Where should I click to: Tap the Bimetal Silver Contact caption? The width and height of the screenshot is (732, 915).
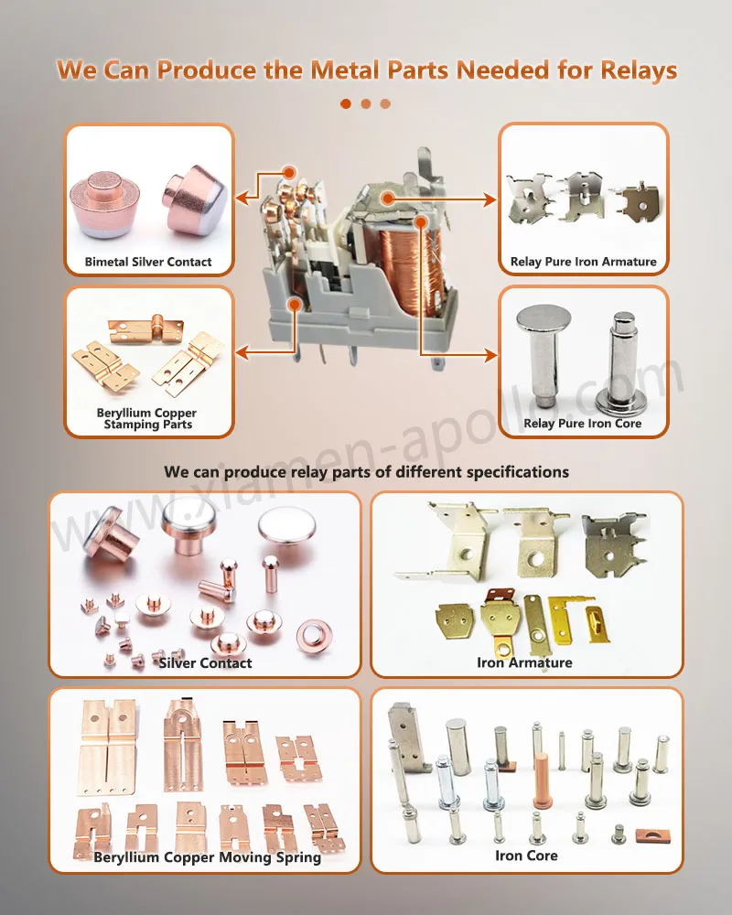click(x=148, y=262)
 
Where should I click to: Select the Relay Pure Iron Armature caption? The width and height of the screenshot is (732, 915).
click(x=583, y=262)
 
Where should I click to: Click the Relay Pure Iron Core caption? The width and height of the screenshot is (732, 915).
click(x=583, y=424)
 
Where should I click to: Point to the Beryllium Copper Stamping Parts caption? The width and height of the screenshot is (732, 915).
click(x=147, y=419)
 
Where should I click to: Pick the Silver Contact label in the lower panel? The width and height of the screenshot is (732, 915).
click(x=205, y=662)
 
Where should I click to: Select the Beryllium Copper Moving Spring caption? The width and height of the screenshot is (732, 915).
click(x=207, y=857)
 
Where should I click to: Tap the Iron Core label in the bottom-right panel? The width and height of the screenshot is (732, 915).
click(x=526, y=856)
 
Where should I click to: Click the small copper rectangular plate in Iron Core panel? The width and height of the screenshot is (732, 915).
click(x=658, y=834)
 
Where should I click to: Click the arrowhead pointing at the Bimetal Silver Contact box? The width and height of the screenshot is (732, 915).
click(x=242, y=196)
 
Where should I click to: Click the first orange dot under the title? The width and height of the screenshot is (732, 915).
click(x=346, y=103)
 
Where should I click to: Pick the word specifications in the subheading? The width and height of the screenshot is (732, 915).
click(x=518, y=472)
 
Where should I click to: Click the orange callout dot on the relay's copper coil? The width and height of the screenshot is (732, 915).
click(x=422, y=221)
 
